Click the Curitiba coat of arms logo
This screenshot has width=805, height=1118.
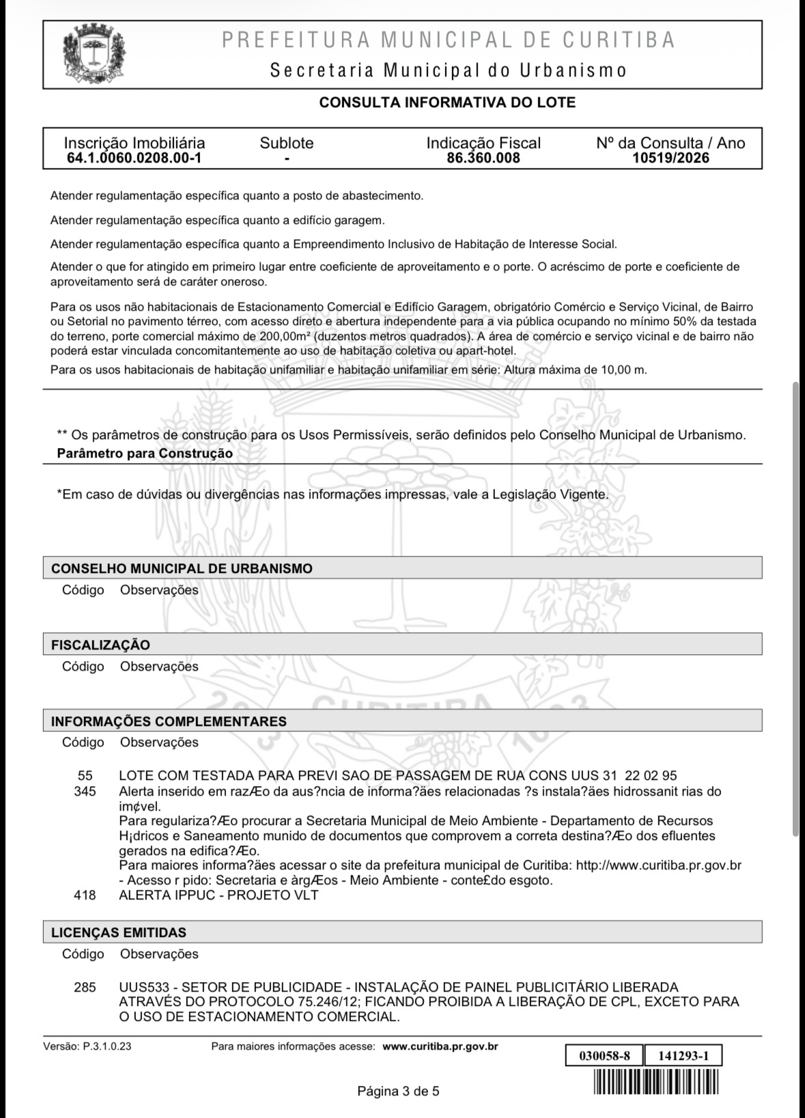(x=95, y=55)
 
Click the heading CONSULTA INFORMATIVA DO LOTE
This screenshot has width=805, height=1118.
(x=447, y=103)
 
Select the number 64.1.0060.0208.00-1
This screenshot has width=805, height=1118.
(x=134, y=158)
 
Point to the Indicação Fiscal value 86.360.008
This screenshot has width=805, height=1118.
(x=483, y=158)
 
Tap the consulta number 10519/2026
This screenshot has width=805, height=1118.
(x=670, y=158)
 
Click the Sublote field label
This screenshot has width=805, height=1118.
(x=287, y=143)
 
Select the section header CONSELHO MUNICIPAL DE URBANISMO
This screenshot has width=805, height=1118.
(x=182, y=568)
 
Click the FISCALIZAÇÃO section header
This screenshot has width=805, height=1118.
(x=100, y=645)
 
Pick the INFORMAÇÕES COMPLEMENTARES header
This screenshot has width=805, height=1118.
(x=169, y=721)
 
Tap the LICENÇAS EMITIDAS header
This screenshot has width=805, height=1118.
(x=119, y=932)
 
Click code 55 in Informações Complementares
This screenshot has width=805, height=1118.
(x=85, y=776)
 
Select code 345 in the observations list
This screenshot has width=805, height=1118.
(x=85, y=792)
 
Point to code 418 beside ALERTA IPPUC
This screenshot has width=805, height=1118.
(x=85, y=895)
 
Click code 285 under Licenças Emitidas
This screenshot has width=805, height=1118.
(x=85, y=988)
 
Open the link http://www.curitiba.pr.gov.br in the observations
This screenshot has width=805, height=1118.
(x=658, y=865)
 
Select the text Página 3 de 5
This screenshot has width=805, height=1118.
(x=398, y=1091)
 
